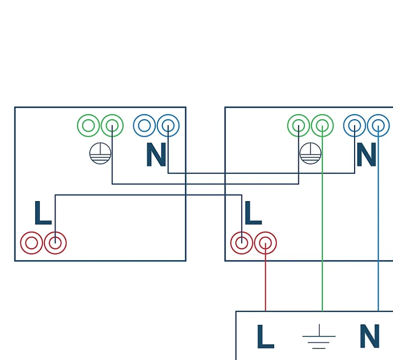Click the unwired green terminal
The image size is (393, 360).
(88, 125)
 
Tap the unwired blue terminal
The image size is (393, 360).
(144, 125)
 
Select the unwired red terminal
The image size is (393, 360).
(31, 243)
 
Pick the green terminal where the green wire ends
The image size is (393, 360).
(322, 125)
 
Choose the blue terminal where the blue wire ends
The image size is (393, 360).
(378, 125)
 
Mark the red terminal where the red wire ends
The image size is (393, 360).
(265, 243)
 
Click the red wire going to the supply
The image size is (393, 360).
(265, 284)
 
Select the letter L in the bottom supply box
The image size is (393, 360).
(265, 337)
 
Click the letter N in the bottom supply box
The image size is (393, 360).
(370, 337)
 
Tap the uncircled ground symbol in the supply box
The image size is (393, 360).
(319, 336)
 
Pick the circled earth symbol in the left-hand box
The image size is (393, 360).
(100, 153)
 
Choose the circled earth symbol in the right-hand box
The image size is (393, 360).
(311, 153)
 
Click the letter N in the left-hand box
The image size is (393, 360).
(156, 155)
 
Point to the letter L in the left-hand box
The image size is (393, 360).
(42, 214)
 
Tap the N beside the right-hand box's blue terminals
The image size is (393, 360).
(366, 155)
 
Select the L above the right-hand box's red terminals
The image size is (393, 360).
(253, 214)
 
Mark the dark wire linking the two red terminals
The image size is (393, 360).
(146, 195)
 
